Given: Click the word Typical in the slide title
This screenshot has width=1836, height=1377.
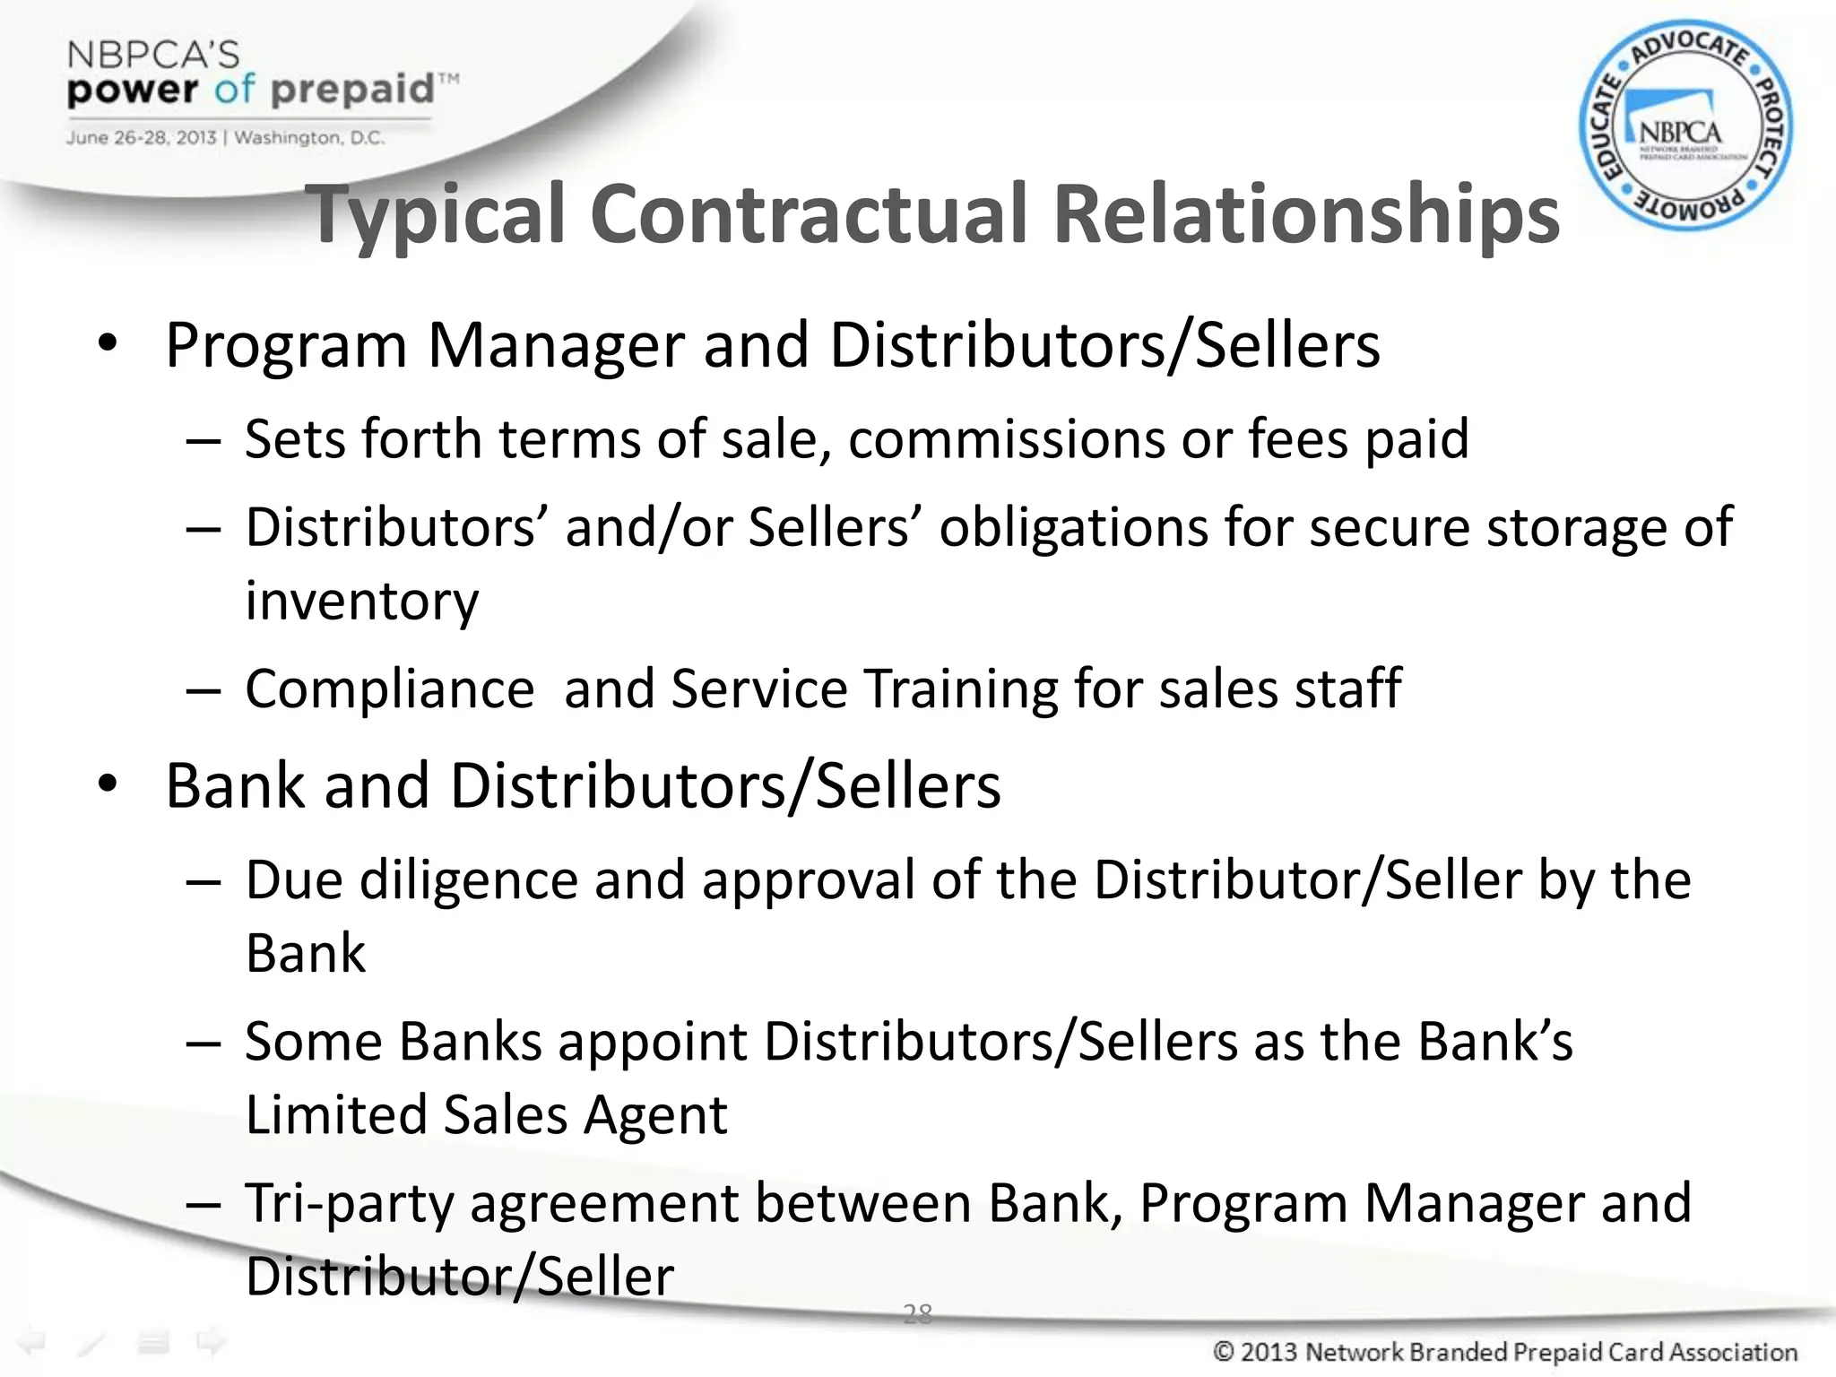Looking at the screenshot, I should tap(437, 215).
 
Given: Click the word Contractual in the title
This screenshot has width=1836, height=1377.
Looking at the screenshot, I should tap(807, 215).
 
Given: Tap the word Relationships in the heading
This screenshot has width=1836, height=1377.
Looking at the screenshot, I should tap(1305, 215).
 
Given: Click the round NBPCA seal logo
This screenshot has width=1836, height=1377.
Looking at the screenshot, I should tap(1685, 126).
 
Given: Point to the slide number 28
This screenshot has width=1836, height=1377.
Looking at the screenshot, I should tap(917, 1314).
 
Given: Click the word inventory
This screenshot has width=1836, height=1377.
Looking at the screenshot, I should tap(362, 601).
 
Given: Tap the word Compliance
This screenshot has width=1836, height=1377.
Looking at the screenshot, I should tap(390, 689).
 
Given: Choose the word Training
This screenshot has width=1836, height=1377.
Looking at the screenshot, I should tap(960, 689).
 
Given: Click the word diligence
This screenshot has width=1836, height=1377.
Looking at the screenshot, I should tap(468, 880).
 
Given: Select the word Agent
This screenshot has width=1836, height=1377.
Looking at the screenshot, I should tap(655, 1116).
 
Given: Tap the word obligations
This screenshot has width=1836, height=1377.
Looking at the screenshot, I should tap(1072, 527).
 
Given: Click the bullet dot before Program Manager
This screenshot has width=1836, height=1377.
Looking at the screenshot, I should tap(108, 344).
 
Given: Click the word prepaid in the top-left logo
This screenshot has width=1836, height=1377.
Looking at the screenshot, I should tap(352, 90).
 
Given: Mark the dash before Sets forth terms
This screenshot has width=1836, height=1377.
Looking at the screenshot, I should tap(204, 441).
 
